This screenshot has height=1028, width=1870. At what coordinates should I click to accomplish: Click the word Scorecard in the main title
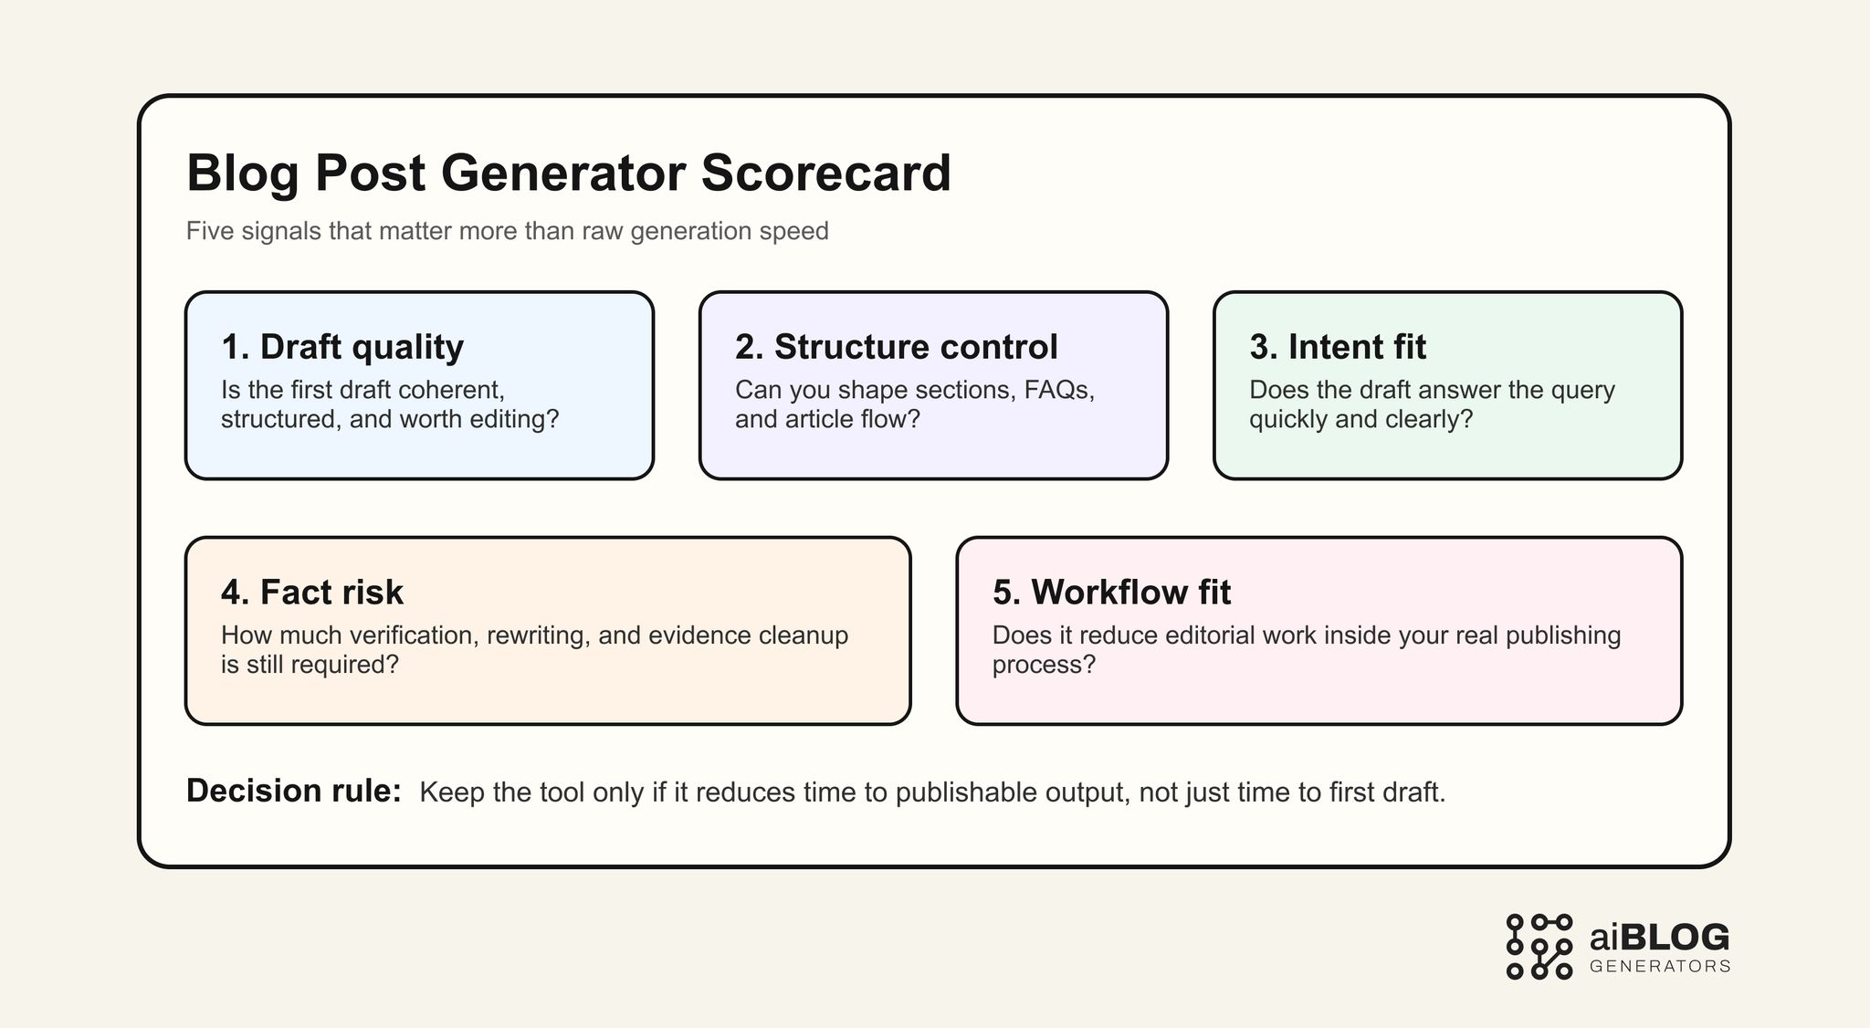pyautogui.click(x=825, y=173)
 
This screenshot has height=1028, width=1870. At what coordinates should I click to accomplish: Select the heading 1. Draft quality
pyautogui.click(x=342, y=347)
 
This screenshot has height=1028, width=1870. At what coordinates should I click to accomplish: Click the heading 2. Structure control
pyautogui.click(x=896, y=347)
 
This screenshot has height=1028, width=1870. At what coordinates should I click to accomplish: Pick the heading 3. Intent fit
pyautogui.click(x=1337, y=347)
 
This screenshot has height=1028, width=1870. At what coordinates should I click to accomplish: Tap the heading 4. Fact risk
pyautogui.click(x=311, y=593)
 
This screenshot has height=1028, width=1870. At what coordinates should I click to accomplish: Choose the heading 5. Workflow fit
pyautogui.click(x=1111, y=593)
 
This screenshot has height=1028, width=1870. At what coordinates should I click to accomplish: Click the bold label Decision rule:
pyautogui.click(x=293, y=791)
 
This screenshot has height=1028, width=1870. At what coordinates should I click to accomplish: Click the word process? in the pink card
pyautogui.click(x=1043, y=665)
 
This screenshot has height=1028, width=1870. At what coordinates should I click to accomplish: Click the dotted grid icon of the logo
pyautogui.click(x=1539, y=947)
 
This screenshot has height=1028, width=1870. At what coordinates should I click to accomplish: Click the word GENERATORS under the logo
pyautogui.click(x=1659, y=967)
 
